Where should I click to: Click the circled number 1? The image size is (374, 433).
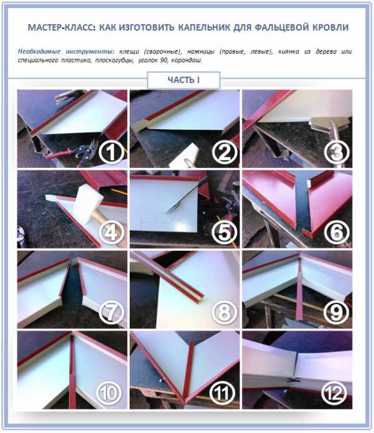click(x=111, y=152)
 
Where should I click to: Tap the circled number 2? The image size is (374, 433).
click(x=224, y=152)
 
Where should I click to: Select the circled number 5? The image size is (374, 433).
click(x=224, y=232)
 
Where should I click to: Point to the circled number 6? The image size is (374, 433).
click(x=337, y=232)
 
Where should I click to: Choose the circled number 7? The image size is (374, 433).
click(x=111, y=313)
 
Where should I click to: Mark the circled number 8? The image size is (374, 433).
click(x=224, y=313)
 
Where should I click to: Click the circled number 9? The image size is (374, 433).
click(x=337, y=313)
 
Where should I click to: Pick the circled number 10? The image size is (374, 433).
click(x=109, y=393)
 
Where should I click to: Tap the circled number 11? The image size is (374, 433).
click(x=222, y=393)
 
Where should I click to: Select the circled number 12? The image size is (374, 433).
click(x=334, y=393)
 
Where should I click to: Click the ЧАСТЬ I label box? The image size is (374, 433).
click(x=184, y=80)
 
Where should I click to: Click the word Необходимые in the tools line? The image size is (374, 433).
click(x=39, y=51)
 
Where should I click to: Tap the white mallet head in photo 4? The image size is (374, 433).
click(x=88, y=203)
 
